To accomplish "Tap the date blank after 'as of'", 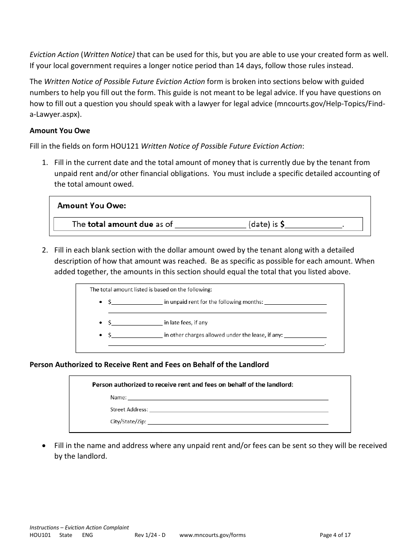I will (x=210, y=225).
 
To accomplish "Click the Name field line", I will (x=228, y=398).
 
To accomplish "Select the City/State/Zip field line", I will (x=238, y=422).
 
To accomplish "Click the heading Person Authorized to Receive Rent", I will (x=149, y=365).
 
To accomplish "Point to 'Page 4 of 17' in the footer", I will (x=335, y=535).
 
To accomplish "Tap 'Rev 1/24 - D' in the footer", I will (x=150, y=535).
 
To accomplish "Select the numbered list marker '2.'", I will (x=45, y=250).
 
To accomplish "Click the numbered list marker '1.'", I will (x=45, y=163).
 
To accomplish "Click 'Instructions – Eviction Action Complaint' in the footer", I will (x=79, y=528).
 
